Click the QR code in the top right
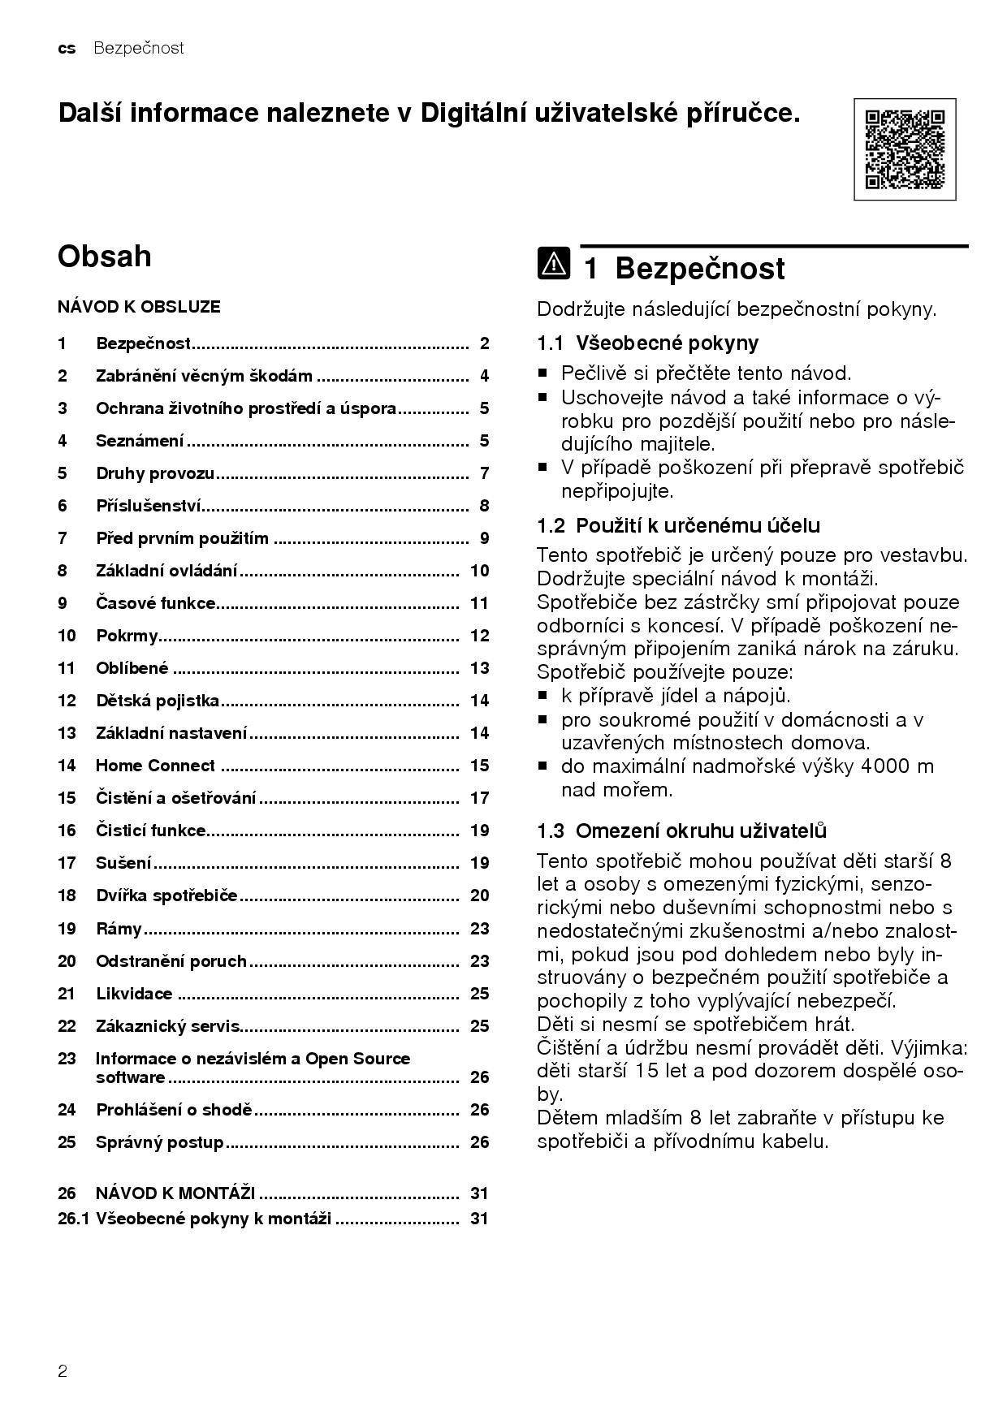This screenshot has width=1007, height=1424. coord(905,149)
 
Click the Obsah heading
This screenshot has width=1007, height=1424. coord(105,257)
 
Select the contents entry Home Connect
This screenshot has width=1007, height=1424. coord(155,766)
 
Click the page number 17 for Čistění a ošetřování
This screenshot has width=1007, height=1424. coord(479,798)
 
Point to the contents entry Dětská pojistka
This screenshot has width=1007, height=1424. coord(158,701)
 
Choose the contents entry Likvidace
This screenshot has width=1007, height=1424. coord(134,994)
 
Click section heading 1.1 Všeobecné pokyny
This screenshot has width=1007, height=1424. coord(647,343)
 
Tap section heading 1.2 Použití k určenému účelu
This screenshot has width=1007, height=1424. coord(678,525)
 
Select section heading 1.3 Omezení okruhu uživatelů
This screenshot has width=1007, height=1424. coord(681,831)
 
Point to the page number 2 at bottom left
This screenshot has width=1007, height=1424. coord(63,1372)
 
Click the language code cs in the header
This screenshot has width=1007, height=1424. coord(67,48)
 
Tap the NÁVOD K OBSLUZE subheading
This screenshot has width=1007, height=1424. coord(139,307)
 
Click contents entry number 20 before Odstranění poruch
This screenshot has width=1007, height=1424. coord(67,961)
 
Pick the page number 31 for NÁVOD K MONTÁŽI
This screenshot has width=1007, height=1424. coord(479,1193)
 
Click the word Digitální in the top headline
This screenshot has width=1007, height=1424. coord(472,113)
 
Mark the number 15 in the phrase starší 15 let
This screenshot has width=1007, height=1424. coord(646,1071)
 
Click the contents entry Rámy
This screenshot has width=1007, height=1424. coord(119,929)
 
